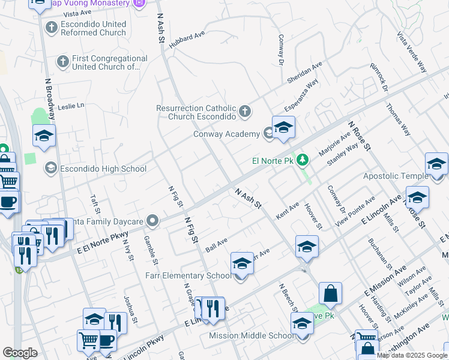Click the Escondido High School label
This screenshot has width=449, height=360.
tap(104, 169)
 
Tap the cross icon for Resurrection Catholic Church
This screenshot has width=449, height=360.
tap(244, 111)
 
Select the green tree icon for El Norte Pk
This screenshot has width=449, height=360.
tap(304, 160)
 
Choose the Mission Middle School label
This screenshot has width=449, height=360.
tap(252, 335)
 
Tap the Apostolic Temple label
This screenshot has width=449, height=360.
tap(394, 176)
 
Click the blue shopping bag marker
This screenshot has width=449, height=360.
tap(330, 293)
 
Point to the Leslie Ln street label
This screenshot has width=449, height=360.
tap(71, 106)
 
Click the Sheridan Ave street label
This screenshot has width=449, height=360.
tap(304, 73)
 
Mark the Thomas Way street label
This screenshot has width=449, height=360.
tap(399, 120)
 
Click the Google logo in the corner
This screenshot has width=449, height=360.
tap(20, 353)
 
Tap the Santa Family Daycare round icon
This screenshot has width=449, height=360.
tap(153, 222)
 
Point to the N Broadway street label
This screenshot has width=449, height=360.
tap(50, 100)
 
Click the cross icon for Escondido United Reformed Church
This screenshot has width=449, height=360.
tap(51, 28)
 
